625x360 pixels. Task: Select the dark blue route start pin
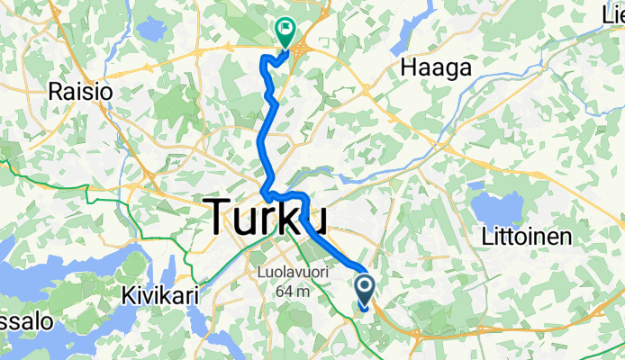366,290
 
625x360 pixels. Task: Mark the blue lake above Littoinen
502,207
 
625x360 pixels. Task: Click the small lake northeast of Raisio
152,30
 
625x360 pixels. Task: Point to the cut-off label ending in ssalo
18,321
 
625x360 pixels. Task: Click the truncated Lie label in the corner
611,13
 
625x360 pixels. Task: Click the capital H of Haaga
409,68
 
